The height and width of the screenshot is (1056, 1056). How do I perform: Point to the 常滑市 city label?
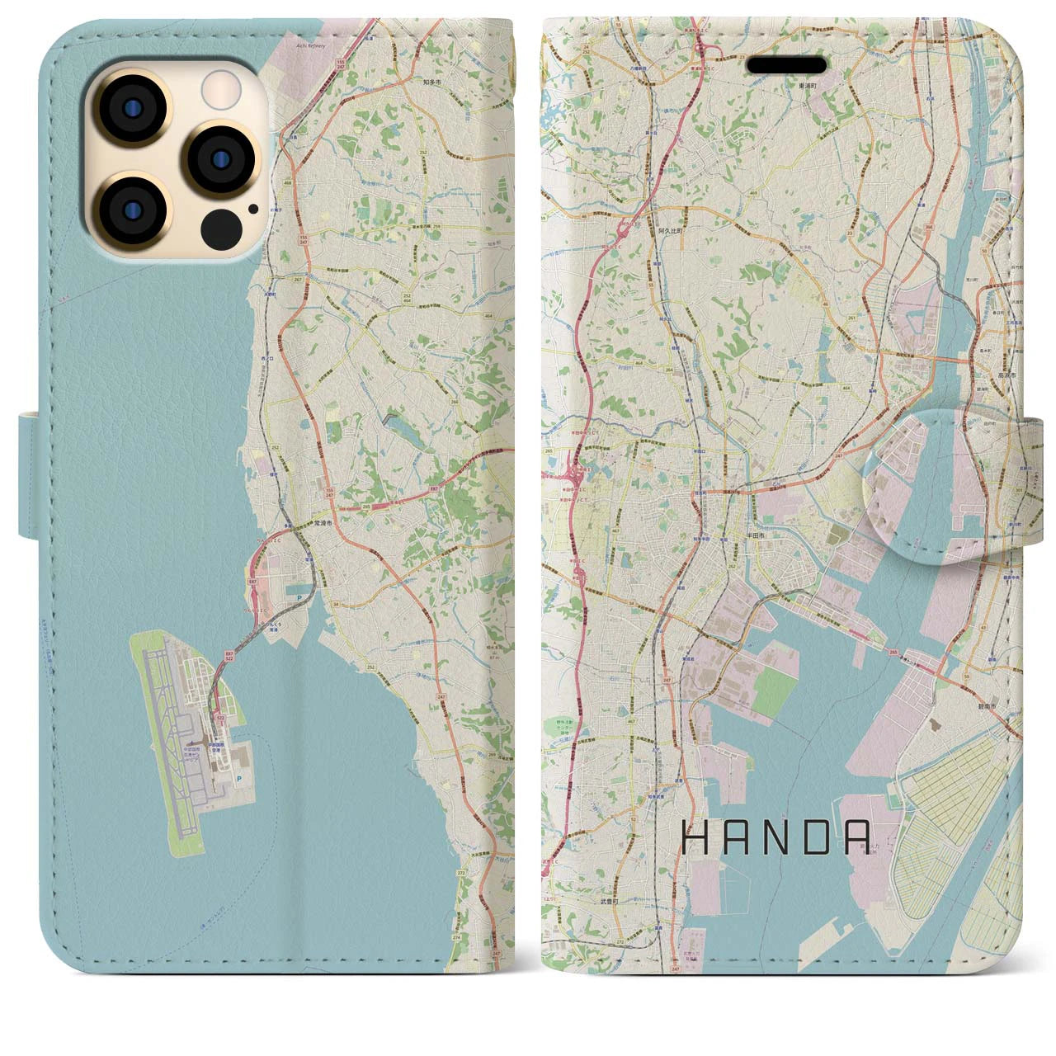tap(323, 523)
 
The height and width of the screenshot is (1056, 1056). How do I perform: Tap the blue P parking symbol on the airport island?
tap(239, 777)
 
